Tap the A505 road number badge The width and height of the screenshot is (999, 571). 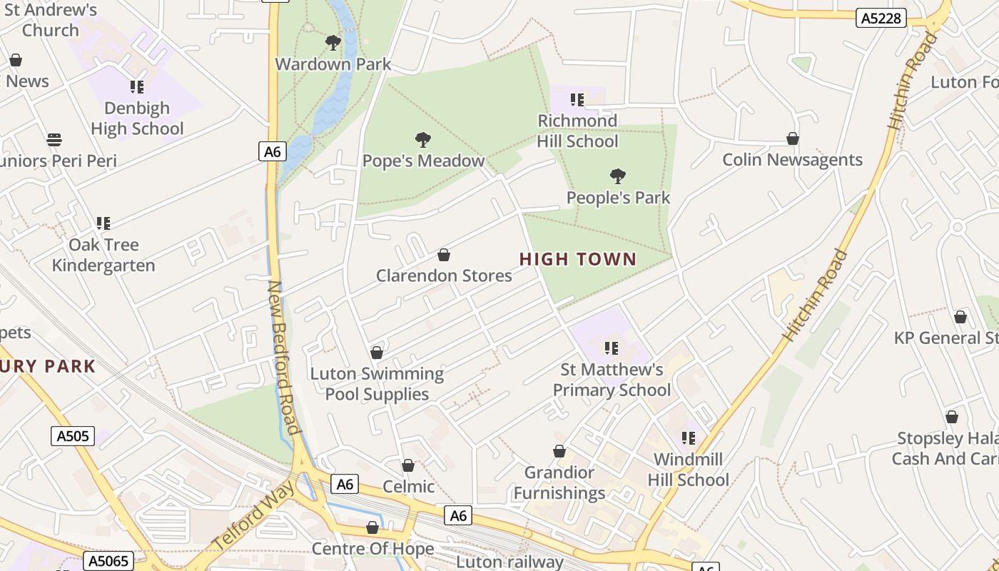point(73,435)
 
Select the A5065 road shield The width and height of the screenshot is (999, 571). point(108,561)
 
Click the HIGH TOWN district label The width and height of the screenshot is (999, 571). point(578,259)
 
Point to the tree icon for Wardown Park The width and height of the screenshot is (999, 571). point(333,43)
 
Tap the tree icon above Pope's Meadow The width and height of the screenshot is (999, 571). point(423,139)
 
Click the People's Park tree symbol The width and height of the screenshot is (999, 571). point(618,176)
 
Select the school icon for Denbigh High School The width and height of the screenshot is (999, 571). point(137,87)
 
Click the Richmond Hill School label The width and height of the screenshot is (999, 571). point(577,131)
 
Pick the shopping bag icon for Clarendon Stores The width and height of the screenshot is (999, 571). point(444,255)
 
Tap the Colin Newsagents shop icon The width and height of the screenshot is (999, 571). point(792,138)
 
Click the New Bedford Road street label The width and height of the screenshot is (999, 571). point(283,357)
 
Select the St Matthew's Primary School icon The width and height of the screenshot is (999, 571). point(612,348)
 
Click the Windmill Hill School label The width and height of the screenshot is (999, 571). point(688,469)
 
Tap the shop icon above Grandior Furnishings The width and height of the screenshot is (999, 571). point(559,451)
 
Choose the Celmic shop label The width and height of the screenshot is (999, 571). point(408,486)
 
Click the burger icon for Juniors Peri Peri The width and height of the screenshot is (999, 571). point(54,139)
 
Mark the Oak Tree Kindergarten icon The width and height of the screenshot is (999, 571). point(103,223)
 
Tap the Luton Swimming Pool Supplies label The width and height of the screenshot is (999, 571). point(377,383)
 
